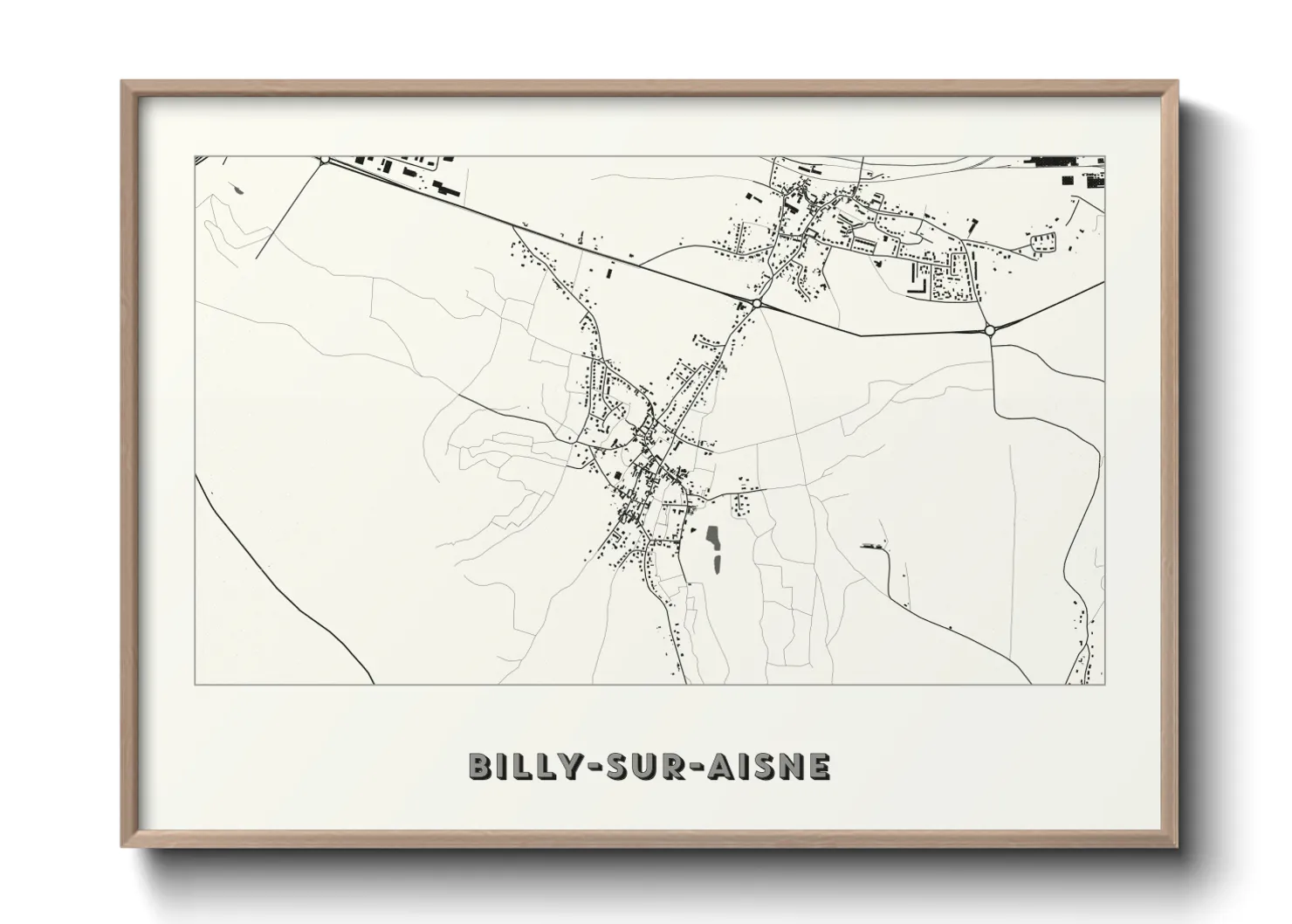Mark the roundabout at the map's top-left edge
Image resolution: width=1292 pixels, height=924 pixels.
pyautogui.click(x=325, y=160)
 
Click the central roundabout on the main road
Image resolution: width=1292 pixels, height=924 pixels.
pyautogui.click(x=756, y=303)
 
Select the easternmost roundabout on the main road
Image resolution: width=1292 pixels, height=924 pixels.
pyautogui.click(x=990, y=330)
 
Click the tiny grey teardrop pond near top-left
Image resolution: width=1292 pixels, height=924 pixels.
pyautogui.click(x=237, y=190)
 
